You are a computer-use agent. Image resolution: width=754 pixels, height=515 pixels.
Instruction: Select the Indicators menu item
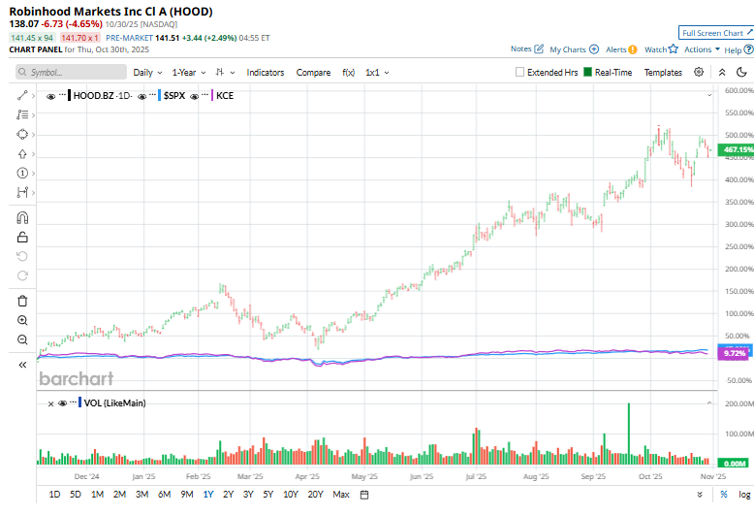[265, 72]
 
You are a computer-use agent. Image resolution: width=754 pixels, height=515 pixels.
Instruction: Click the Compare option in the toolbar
[313, 72]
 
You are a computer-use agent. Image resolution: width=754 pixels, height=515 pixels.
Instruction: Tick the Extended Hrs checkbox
[520, 72]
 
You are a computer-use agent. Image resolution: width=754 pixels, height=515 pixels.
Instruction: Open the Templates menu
[663, 72]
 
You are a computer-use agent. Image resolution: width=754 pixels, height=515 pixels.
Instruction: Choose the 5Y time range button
[268, 494]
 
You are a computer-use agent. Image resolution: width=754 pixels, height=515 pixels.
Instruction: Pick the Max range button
[340, 494]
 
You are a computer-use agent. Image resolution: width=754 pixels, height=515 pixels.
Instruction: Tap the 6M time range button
[164, 494]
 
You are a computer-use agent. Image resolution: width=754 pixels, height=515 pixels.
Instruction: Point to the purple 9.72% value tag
[735, 354]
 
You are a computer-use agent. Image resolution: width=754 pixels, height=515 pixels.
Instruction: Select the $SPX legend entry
[174, 95]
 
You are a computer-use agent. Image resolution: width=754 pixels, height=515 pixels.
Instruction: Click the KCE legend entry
[225, 95]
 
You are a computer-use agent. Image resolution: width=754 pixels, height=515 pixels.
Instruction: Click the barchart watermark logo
[77, 378]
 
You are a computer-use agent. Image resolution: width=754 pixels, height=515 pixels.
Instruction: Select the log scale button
[744, 494]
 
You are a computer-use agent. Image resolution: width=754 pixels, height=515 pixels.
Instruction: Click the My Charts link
[568, 48]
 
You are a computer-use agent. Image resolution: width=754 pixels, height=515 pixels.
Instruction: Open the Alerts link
[616, 48]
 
